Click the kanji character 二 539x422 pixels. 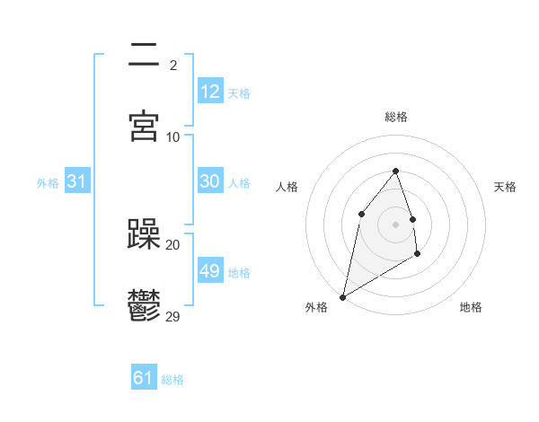(x=144, y=55)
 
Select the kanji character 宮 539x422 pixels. (x=144, y=126)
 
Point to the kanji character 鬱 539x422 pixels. (x=144, y=305)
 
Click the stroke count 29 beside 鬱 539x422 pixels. (x=173, y=316)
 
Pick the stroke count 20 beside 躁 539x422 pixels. (x=173, y=244)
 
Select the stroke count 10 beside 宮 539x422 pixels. (x=173, y=136)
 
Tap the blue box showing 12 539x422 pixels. (x=209, y=91)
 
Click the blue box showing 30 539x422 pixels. (x=209, y=180)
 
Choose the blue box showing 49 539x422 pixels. (x=209, y=270)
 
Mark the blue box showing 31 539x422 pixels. (x=77, y=180)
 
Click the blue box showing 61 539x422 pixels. (x=143, y=378)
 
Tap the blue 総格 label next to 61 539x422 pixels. (x=172, y=380)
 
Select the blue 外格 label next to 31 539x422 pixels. (x=48, y=182)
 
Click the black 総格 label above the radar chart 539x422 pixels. (x=396, y=117)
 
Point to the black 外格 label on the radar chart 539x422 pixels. (x=316, y=307)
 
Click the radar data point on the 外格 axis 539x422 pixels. (x=342, y=296)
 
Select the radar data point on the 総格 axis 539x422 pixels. (x=395, y=171)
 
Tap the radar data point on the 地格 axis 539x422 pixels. (x=418, y=254)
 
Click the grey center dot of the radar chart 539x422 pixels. (x=395, y=224)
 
